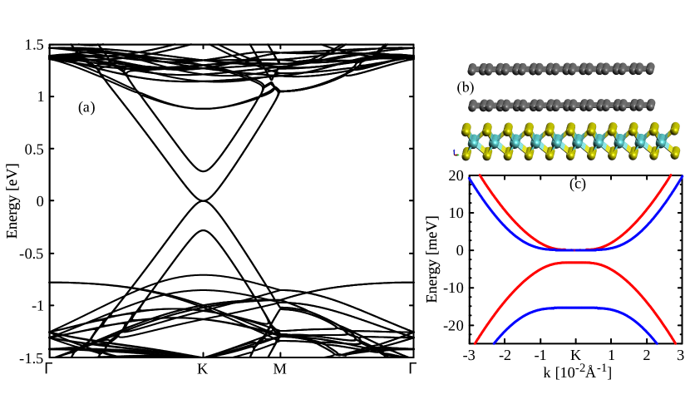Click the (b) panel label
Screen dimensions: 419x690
[x=465, y=87]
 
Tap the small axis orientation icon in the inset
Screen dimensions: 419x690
[x=456, y=153]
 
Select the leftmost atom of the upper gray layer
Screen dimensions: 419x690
[x=472, y=69]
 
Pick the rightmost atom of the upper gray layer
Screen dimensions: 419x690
[x=650, y=68]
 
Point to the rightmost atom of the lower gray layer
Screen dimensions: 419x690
[x=651, y=105]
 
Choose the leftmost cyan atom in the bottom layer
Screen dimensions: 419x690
[x=473, y=142]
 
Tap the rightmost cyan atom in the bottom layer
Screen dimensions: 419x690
[x=663, y=142]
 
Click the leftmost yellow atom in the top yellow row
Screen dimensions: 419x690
[x=466, y=129]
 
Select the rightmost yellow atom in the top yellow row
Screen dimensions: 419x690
[x=676, y=128]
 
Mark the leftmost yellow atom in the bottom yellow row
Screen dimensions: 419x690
[x=466, y=155]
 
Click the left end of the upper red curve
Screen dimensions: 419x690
[x=479, y=175]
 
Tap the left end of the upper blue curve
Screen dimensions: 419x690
[x=469, y=178]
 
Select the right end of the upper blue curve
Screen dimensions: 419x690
[x=683, y=176]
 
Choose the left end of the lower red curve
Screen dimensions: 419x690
[x=476, y=343]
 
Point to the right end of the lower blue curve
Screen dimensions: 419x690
[x=657, y=343]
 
